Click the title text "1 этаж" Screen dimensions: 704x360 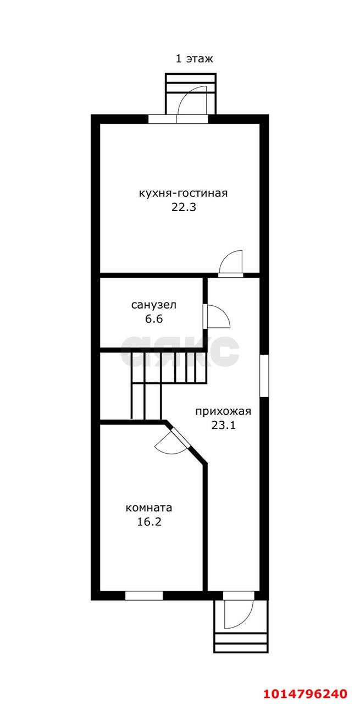pos(194,59)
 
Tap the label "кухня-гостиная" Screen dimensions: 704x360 pos(183,194)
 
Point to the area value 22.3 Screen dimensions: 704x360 pos(183,208)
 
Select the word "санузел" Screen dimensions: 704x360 pos(153,305)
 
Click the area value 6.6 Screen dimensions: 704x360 pos(153,318)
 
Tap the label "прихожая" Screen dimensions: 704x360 pos(223,411)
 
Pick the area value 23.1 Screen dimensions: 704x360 pos(223,425)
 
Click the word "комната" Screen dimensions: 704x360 pos(149,508)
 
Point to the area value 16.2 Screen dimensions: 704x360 pos(149,521)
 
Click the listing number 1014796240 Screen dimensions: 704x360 pos(306,692)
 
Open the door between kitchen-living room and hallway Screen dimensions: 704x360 pos(231,263)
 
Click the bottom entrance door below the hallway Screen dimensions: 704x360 pos(239,613)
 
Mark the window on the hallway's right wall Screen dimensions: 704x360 pos(264,376)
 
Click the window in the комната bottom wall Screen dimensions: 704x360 pos(144,595)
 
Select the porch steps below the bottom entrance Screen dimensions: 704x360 pos(241,640)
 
